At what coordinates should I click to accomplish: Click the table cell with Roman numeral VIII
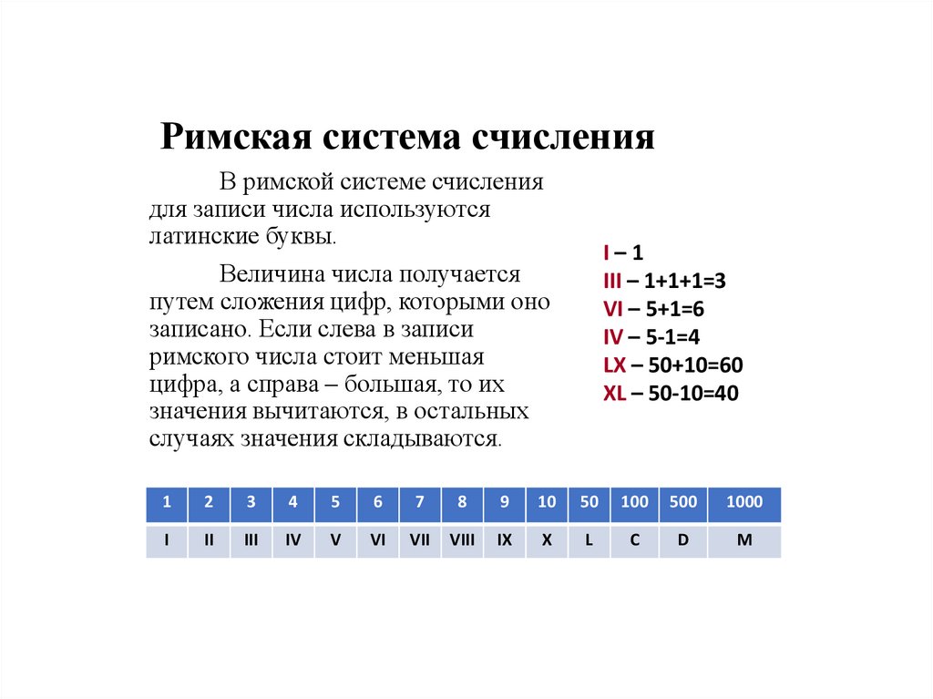click(x=462, y=540)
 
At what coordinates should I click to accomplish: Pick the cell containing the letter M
click(x=744, y=540)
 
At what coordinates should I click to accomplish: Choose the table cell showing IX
click(x=504, y=540)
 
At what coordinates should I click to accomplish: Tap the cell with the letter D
click(x=682, y=540)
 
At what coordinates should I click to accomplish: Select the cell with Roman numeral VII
click(x=419, y=540)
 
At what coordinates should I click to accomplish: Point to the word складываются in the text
click(x=422, y=438)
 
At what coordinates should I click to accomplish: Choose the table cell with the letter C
click(x=634, y=540)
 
